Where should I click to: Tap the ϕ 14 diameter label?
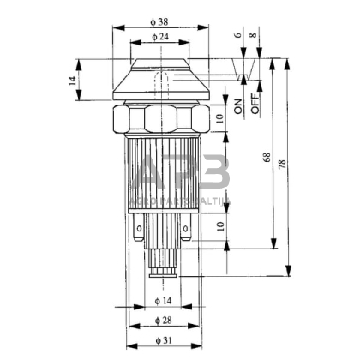164,300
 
